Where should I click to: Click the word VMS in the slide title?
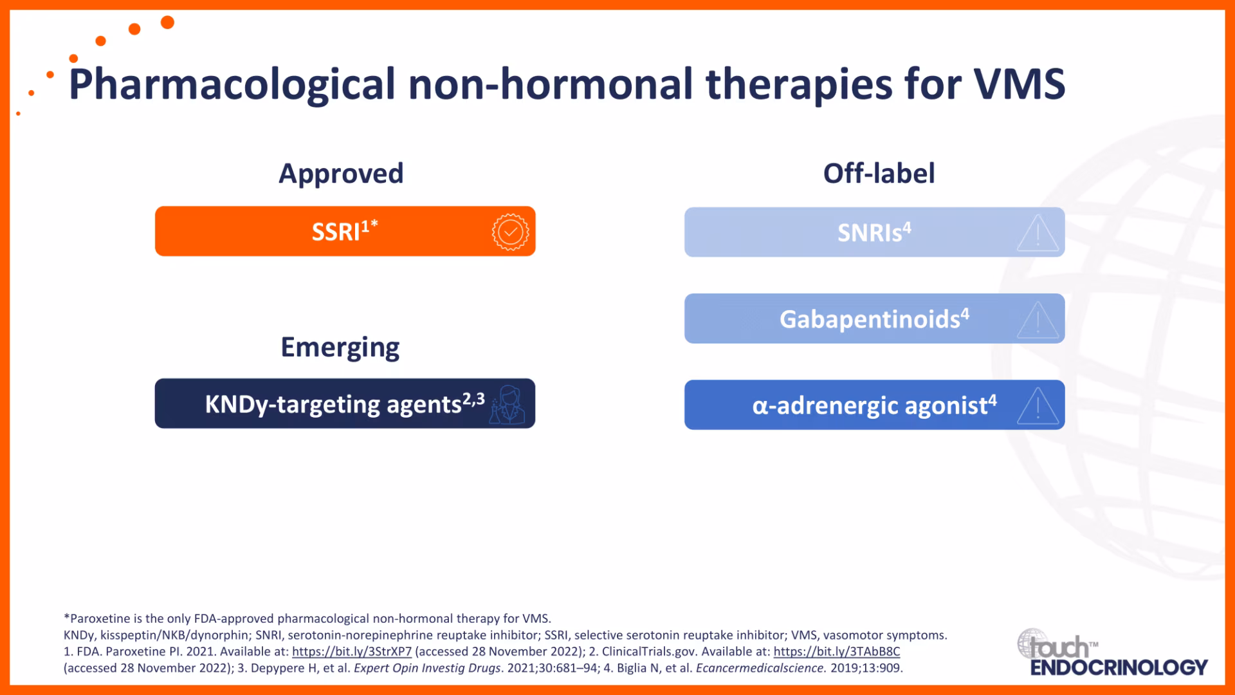(1020, 84)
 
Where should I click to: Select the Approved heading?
(341, 174)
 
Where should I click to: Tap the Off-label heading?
(879, 173)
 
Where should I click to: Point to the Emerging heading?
(340, 347)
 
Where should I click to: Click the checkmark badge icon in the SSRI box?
(510, 232)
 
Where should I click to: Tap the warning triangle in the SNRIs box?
(1038, 233)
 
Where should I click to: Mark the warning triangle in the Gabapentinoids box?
(1038, 320)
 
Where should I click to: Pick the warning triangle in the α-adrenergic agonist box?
(1038, 406)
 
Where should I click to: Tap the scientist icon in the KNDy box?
(508, 405)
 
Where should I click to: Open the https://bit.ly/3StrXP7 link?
(352, 651)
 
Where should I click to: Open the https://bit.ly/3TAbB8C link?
(837, 651)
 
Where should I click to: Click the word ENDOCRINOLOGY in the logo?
(1119, 667)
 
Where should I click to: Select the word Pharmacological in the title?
(232, 84)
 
